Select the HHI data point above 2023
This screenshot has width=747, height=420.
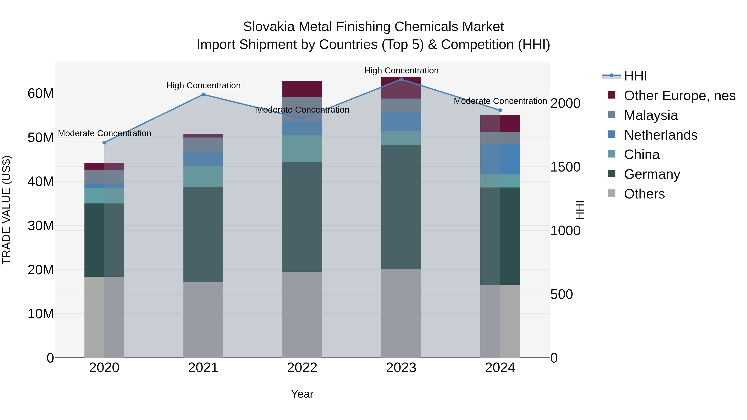(x=401, y=79)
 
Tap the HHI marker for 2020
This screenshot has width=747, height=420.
(x=104, y=143)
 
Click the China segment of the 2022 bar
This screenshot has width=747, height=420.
(x=302, y=149)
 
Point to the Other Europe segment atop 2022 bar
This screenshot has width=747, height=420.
(x=302, y=89)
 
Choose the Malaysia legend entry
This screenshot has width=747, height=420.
(x=651, y=115)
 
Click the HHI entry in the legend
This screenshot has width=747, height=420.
(x=635, y=76)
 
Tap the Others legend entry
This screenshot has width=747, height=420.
(x=644, y=194)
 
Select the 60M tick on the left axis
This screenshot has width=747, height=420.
(x=41, y=93)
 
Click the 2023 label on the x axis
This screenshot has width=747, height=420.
(x=401, y=368)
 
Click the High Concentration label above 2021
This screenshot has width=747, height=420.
(x=203, y=85)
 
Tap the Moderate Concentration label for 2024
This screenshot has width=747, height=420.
(x=500, y=101)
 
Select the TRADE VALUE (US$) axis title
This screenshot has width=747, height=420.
(x=6, y=210)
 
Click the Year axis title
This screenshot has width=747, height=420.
(x=302, y=394)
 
